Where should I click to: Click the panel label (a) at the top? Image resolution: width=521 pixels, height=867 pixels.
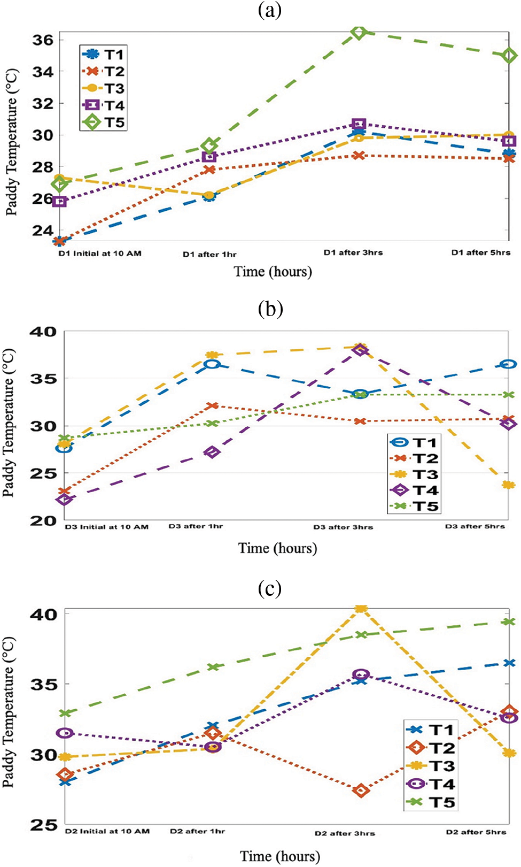pyautogui.click(x=270, y=11)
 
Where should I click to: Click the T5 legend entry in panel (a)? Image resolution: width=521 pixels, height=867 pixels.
pyautogui.click(x=104, y=122)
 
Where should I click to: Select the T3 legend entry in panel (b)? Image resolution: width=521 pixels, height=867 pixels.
pyautogui.click(x=415, y=474)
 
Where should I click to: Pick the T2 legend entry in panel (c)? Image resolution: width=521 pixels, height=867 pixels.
pyautogui.click(x=431, y=748)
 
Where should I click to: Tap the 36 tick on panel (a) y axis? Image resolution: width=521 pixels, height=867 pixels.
pyautogui.click(x=42, y=40)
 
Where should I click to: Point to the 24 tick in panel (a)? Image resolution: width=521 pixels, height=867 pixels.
pyautogui.click(x=42, y=231)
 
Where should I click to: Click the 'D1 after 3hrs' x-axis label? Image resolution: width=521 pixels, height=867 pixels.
pyautogui.click(x=353, y=252)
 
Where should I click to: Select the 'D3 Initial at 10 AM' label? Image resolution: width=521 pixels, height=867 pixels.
pyautogui.click(x=106, y=527)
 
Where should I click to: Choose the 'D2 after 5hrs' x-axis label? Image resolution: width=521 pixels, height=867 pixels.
pyautogui.click(x=476, y=832)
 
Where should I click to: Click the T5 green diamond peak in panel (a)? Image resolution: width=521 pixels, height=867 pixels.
pyautogui.click(x=359, y=33)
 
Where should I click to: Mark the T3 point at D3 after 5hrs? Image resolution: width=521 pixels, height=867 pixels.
pyautogui.click(x=508, y=485)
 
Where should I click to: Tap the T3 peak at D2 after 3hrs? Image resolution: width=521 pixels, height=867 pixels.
pyautogui.click(x=361, y=608)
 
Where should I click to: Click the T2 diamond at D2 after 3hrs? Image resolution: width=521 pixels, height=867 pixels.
pyautogui.click(x=361, y=790)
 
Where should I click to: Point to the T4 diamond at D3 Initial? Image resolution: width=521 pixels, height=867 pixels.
pyautogui.click(x=65, y=500)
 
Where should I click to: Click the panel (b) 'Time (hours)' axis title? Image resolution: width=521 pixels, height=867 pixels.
pyautogui.click(x=277, y=548)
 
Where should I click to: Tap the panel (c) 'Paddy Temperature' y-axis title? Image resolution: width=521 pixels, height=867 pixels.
pyautogui.click(x=9, y=712)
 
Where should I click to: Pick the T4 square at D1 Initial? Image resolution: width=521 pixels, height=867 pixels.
pyautogui.click(x=60, y=202)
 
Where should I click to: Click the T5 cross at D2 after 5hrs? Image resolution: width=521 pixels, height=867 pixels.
pyautogui.click(x=509, y=622)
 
